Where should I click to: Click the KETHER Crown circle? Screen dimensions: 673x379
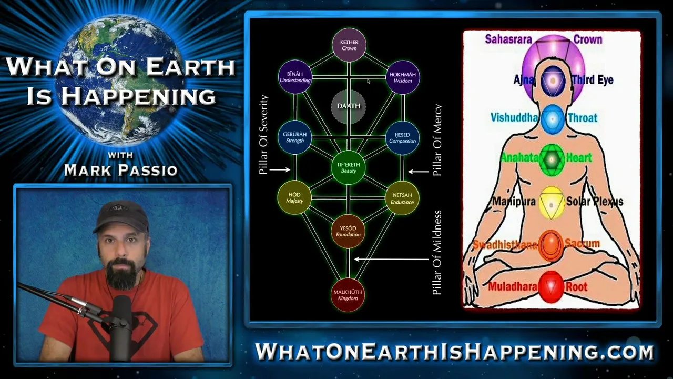click(349, 45)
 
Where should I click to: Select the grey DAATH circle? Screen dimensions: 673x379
click(349, 106)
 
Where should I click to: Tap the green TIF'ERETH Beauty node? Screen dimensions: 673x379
click(348, 167)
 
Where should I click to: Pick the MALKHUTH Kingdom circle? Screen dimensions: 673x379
click(348, 295)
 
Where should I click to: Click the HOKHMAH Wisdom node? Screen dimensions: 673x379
click(403, 77)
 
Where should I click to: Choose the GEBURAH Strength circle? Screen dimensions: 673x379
click(295, 137)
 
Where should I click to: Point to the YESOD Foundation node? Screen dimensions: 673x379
click(348, 231)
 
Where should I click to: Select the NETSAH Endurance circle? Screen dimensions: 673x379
click(402, 198)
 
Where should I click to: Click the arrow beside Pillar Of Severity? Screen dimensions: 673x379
click(280, 170)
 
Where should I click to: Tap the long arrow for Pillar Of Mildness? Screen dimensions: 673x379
click(392, 259)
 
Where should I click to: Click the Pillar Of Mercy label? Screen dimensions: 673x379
click(437, 140)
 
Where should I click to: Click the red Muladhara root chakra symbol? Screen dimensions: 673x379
click(551, 287)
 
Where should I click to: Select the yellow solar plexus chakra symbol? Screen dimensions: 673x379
click(552, 203)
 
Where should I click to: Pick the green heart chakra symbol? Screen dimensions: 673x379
click(552, 159)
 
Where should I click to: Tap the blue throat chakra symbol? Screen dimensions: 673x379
click(553, 119)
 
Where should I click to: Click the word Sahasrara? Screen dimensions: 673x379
click(508, 39)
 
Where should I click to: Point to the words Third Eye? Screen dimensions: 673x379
click(593, 80)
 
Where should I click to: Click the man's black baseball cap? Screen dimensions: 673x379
click(121, 216)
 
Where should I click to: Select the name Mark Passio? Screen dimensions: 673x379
click(121, 170)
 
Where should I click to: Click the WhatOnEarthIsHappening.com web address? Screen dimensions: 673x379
click(455, 351)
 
